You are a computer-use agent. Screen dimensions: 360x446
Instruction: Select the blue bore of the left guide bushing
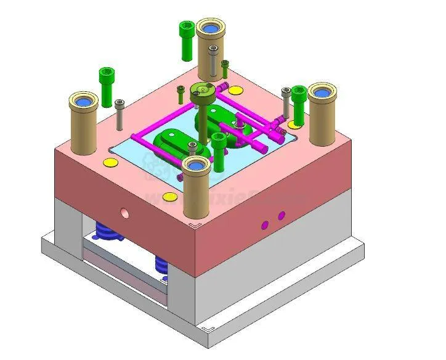pyautogui.click(x=84, y=101)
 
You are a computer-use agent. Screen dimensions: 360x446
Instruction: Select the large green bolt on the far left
pyautogui.click(x=105, y=85)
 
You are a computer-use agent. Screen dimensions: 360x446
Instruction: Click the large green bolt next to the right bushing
pyautogui.click(x=299, y=102)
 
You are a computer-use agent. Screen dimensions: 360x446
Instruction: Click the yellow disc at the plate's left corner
pyautogui.click(x=110, y=163)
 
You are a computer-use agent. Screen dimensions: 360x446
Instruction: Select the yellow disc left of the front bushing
pyautogui.click(x=169, y=197)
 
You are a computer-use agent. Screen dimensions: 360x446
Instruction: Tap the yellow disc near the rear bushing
pyautogui.click(x=236, y=91)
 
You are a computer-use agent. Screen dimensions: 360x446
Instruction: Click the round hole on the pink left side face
pyautogui.click(x=125, y=213)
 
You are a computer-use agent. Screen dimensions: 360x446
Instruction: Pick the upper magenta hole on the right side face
pyautogui.click(x=281, y=216)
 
